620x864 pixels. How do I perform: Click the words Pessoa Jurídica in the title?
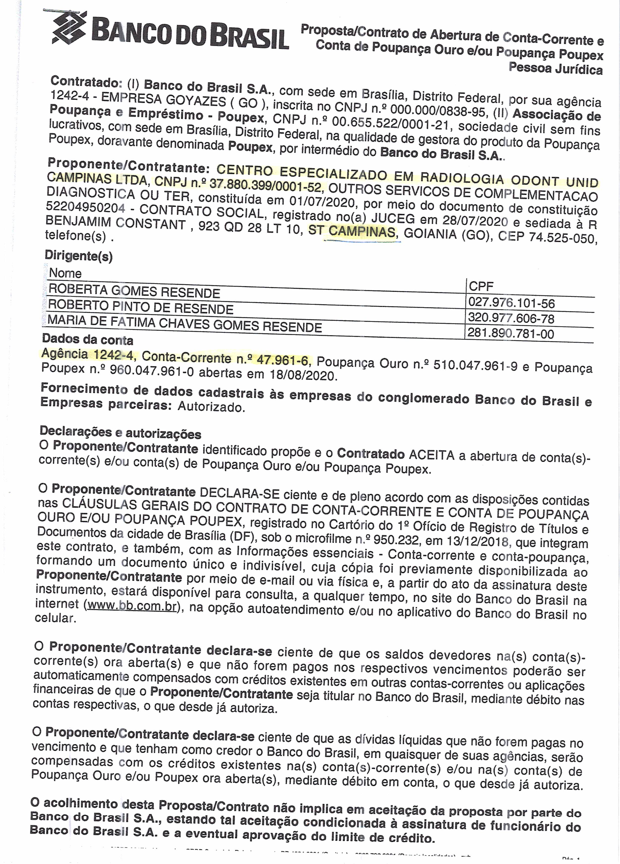556,69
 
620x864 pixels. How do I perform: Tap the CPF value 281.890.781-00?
511,334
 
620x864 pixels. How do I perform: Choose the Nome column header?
65,273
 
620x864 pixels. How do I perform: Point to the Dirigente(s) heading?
79,256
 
